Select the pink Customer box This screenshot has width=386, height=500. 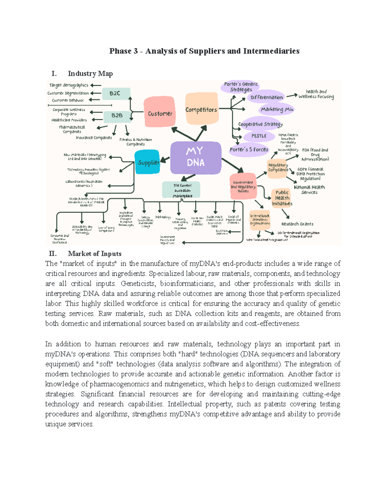point(160,113)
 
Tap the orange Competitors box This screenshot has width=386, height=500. point(201,109)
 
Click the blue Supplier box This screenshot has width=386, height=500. point(148,162)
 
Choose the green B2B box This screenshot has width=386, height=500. point(117,116)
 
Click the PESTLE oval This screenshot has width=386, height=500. point(259,136)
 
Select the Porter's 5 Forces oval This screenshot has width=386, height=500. point(249,150)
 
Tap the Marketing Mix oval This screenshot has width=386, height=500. point(277,109)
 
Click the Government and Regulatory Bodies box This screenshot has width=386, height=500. point(243,187)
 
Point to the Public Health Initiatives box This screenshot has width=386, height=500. point(282,198)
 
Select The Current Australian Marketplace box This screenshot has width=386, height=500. point(182,190)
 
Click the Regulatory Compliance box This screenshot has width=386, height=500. point(278,167)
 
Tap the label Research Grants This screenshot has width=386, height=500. point(297,224)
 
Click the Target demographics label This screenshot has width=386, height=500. point(69,85)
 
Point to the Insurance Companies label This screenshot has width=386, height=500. point(94,138)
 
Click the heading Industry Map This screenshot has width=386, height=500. point(90,74)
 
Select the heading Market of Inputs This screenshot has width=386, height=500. point(95,254)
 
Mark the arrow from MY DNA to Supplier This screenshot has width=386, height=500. point(165,159)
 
